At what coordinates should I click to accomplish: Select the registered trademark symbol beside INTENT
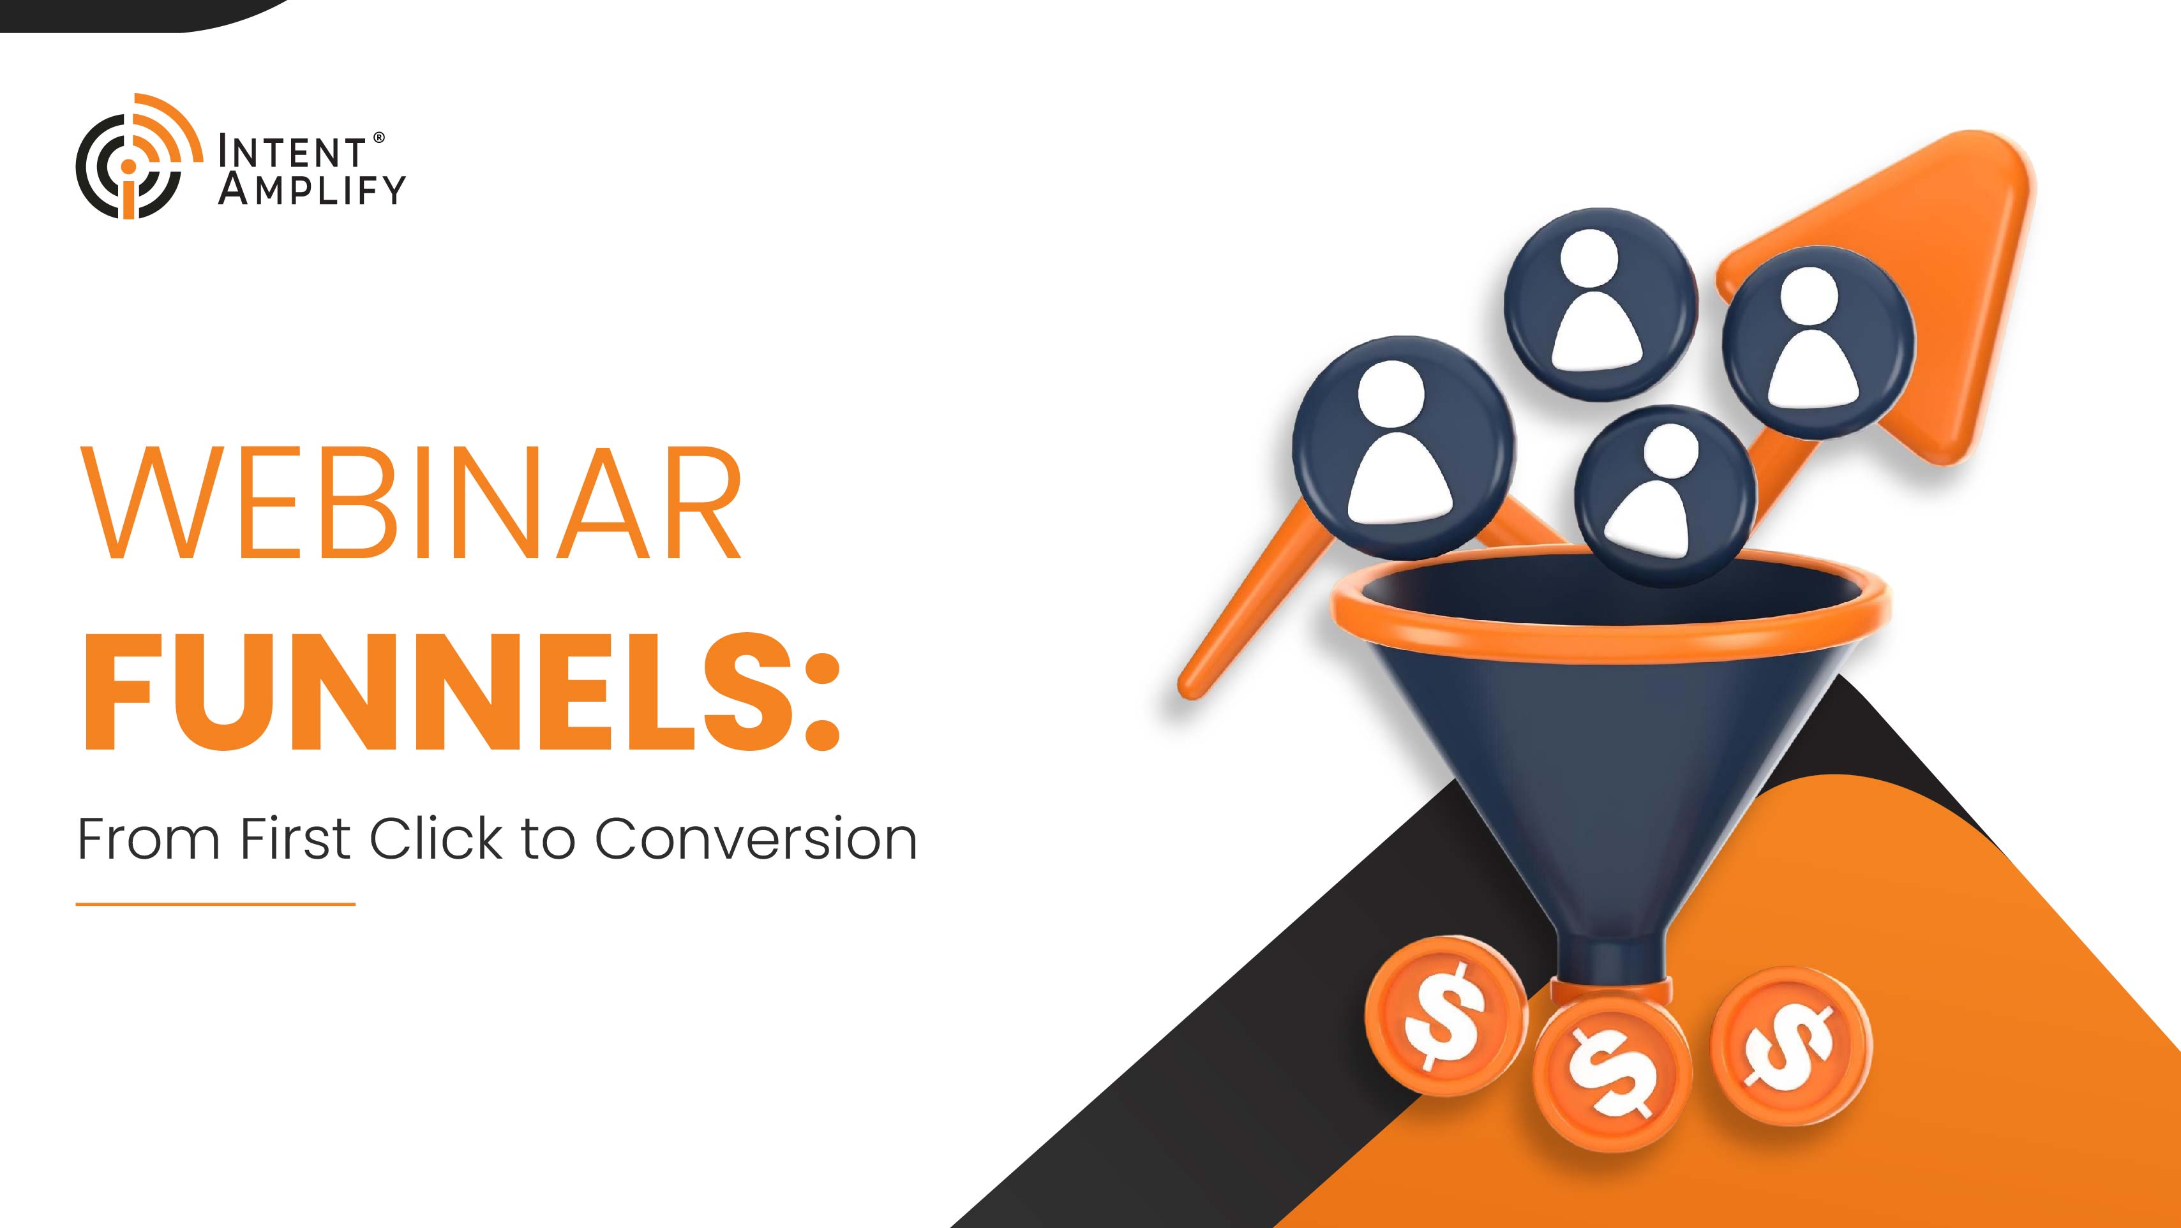(x=379, y=137)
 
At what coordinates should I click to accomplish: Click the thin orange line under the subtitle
(x=215, y=904)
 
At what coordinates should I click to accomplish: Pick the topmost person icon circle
(x=1600, y=302)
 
